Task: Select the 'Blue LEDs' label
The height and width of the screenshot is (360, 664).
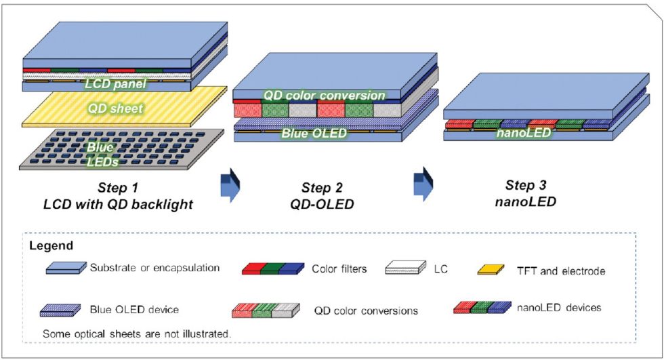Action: click(x=100, y=153)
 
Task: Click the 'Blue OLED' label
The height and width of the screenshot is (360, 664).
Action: click(x=314, y=133)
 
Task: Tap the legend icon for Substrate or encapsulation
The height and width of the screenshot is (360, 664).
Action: click(x=66, y=268)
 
